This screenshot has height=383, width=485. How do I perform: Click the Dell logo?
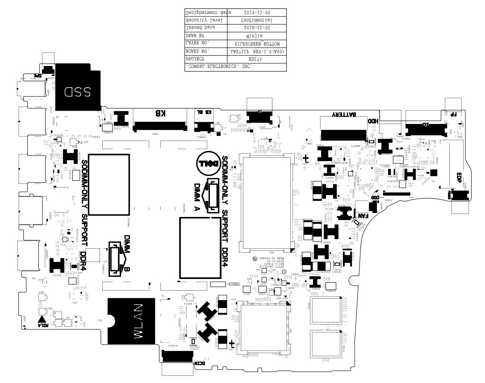click(x=207, y=164)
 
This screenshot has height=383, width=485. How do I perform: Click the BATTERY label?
click(x=343, y=115)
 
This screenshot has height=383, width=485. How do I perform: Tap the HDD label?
click(x=373, y=121)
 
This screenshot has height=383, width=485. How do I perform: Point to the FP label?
click(x=453, y=114)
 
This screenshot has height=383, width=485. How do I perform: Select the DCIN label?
click(x=200, y=364)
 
